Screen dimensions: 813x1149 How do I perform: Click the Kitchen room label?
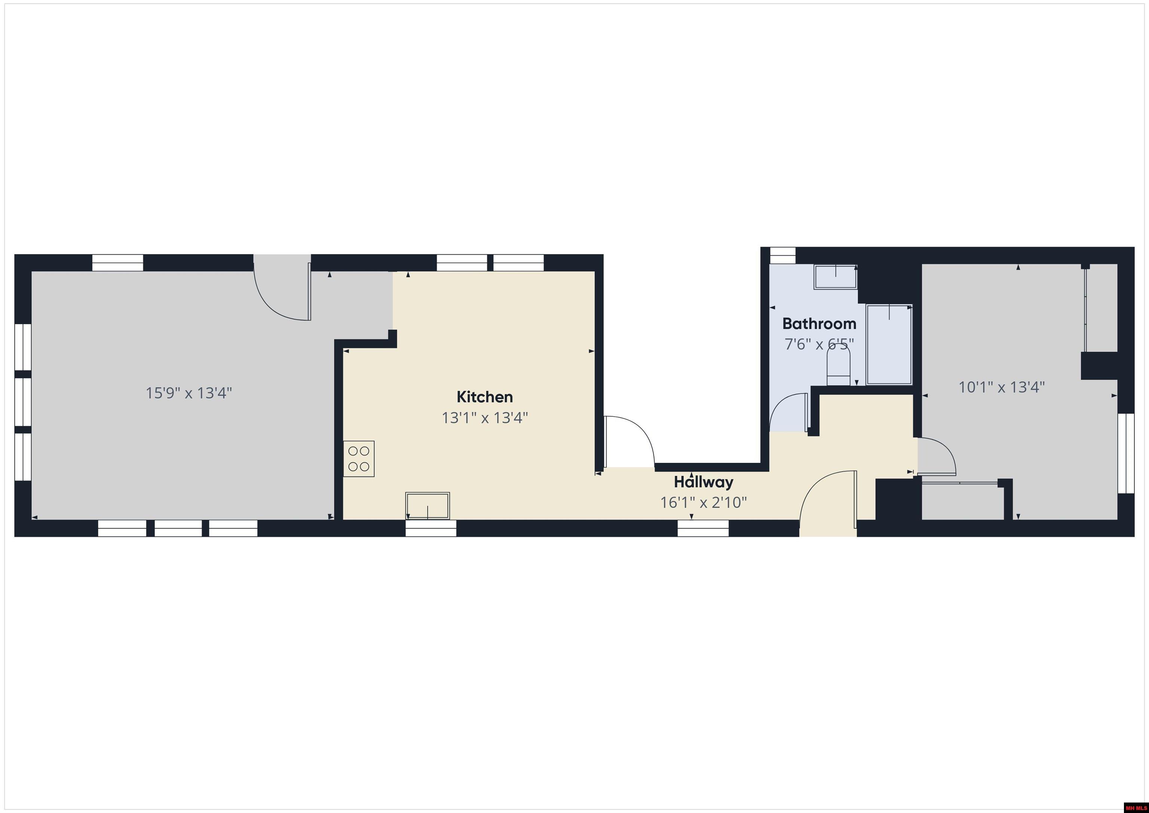coord(484,397)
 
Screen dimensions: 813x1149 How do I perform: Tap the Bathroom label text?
coord(819,324)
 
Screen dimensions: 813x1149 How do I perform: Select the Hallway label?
coord(703,482)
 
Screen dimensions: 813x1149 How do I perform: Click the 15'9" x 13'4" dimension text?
coord(189,393)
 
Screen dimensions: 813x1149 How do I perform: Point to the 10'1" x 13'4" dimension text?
coord(1001,387)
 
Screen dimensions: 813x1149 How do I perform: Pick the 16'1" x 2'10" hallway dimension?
coord(703,502)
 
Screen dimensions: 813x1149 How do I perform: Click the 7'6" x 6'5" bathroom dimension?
coord(819,345)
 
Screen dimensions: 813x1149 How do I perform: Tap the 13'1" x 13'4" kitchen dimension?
coord(484,418)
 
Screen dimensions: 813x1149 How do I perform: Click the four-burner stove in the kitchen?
coord(359,459)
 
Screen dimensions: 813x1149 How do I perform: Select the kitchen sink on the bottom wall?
coord(428,505)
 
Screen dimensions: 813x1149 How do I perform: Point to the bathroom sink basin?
coord(835,277)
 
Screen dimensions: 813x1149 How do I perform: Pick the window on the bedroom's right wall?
coord(1125,453)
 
